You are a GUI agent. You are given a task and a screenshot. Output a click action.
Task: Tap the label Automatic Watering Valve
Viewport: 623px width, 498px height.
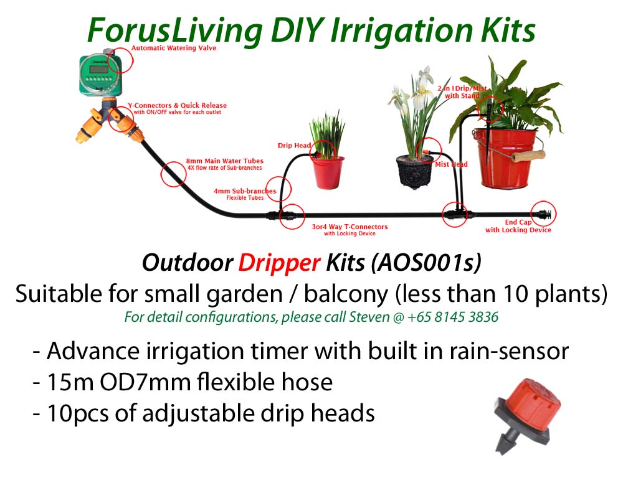[174, 48]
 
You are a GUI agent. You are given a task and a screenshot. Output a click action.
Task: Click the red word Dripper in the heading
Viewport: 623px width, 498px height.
[279, 263]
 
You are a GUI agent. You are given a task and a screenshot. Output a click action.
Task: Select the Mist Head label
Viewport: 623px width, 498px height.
[451, 164]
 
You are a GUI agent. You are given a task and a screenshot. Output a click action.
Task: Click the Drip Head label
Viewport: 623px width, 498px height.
[294, 145]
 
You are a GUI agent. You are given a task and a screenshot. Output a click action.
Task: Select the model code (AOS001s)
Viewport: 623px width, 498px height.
[426, 263]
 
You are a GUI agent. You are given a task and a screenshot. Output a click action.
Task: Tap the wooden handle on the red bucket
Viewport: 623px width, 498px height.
[528, 156]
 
